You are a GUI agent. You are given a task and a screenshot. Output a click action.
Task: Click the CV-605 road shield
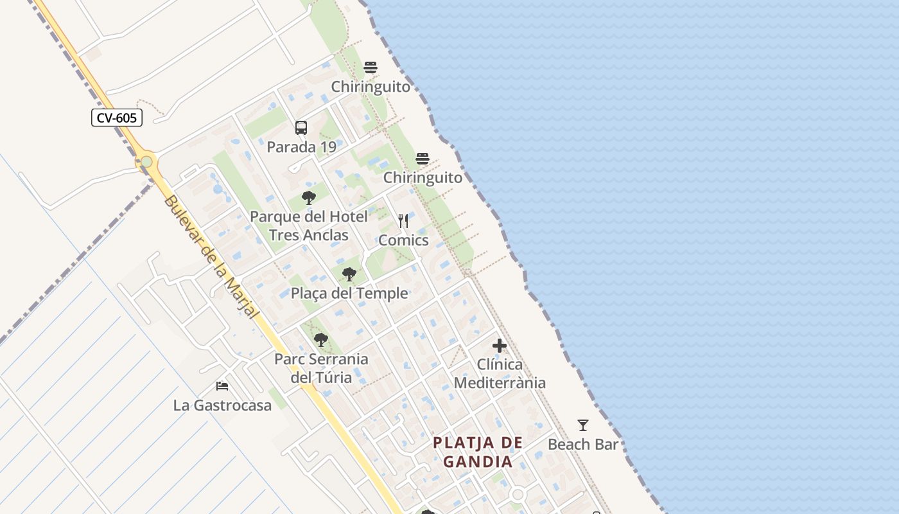(116, 118)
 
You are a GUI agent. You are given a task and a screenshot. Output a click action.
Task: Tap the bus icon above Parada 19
(301, 128)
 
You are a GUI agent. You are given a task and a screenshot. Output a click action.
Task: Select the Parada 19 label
(301, 147)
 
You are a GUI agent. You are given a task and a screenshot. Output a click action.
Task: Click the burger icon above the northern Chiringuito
(371, 67)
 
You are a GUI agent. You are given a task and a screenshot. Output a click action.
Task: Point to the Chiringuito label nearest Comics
(423, 178)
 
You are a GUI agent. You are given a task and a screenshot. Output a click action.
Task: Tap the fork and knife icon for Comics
(403, 221)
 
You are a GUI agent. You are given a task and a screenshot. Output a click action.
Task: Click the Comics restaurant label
(403, 240)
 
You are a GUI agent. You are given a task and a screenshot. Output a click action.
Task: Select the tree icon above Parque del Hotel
(309, 197)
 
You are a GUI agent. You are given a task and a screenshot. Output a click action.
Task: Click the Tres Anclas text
(309, 235)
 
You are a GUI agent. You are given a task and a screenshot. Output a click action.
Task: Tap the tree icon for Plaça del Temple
(349, 275)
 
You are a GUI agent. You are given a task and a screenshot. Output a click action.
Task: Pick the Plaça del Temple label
(349, 294)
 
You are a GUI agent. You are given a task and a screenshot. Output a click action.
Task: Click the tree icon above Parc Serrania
(321, 340)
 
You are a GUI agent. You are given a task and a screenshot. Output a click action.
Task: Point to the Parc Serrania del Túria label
(321, 368)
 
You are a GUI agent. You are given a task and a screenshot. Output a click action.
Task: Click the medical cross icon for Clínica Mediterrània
(500, 346)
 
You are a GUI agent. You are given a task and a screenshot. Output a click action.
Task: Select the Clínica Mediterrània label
(500, 373)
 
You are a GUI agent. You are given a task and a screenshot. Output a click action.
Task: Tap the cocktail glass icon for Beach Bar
(583, 425)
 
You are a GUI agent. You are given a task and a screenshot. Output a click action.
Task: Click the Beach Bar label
(583, 445)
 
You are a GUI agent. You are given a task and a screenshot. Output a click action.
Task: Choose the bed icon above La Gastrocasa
(222, 386)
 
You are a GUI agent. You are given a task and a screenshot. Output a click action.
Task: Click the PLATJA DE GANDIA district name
(478, 452)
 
